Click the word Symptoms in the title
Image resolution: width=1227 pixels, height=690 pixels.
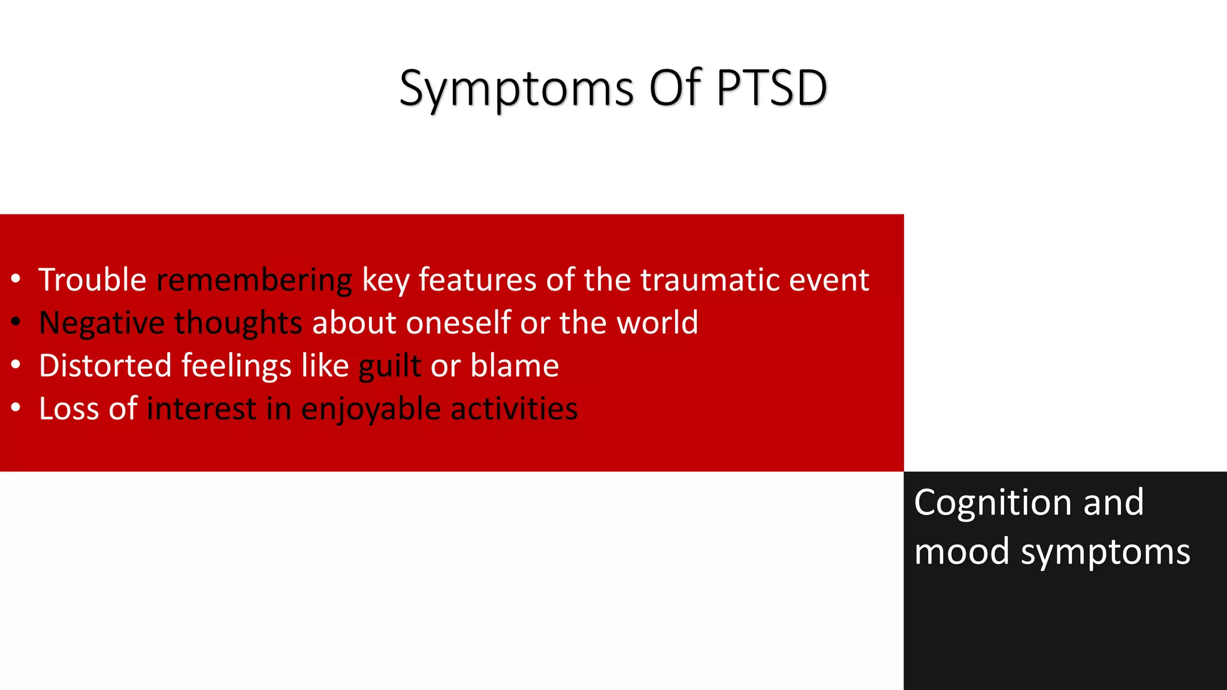[x=516, y=89]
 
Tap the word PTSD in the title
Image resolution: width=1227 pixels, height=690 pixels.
[x=771, y=89]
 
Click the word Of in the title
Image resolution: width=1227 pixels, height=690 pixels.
[x=675, y=89]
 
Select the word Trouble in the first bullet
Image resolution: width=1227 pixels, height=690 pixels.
[x=92, y=280]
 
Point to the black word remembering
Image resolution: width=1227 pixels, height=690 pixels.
[x=254, y=280]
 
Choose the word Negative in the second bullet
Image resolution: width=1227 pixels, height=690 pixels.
[x=101, y=323]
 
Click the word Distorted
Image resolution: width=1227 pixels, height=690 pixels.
[x=105, y=365]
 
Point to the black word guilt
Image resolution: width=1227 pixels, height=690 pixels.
[x=389, y=366]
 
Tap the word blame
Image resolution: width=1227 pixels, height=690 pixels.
[x=514, y=365]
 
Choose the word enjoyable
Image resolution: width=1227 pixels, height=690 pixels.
[x=371, y=410]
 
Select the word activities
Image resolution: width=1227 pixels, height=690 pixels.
[x=513, y=408]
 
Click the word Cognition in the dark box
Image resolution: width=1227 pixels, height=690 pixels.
[x=993, y=503]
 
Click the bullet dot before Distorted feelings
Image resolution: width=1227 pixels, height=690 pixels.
[x=16, y=364]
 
